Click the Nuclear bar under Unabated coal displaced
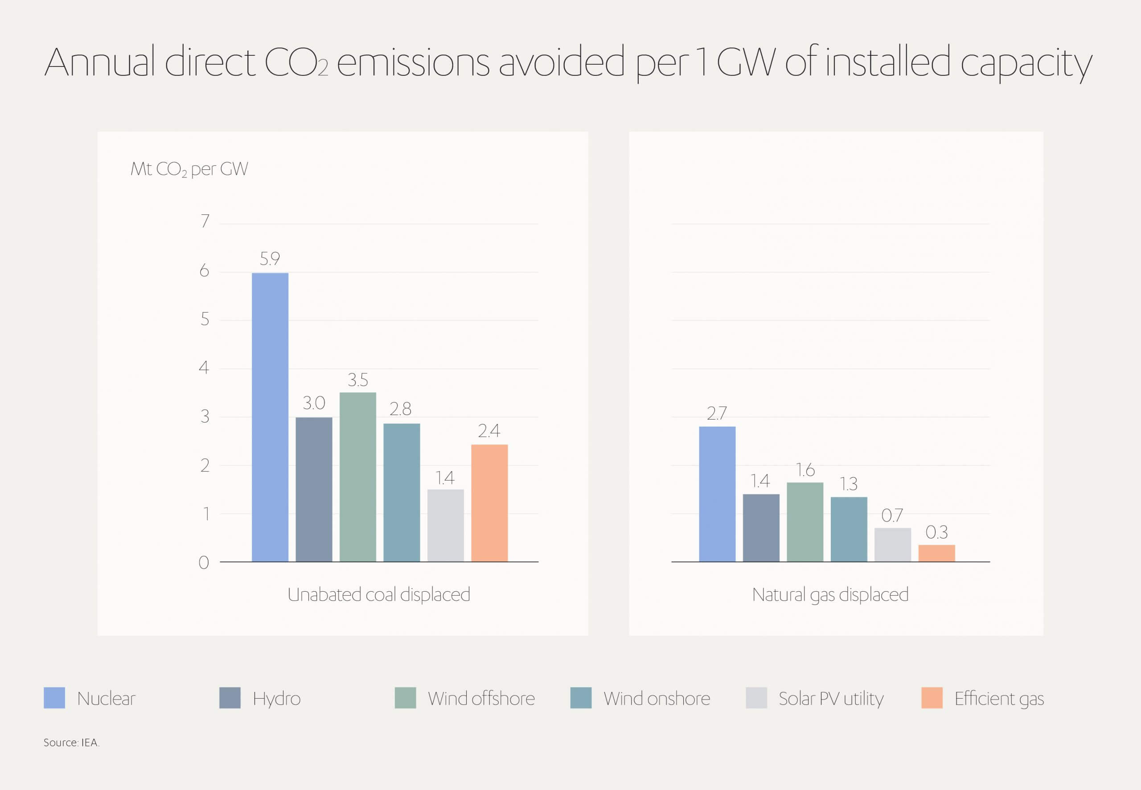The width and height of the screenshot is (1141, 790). (270, 417)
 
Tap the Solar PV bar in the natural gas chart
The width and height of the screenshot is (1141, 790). (892, 544)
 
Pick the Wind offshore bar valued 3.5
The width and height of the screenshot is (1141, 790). (357, 477)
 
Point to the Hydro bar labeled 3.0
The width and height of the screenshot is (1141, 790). (314, 489)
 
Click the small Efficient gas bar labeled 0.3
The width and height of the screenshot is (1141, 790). (936, 553)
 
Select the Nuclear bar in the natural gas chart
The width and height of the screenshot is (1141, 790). (717, 494)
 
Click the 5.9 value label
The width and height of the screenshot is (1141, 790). (270, 259)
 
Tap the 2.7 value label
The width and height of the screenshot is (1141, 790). (716, 413)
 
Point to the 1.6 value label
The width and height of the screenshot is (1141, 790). (804, 469)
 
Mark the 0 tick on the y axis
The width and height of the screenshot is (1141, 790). (204, 563)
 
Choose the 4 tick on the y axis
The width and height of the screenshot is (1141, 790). (204, 367)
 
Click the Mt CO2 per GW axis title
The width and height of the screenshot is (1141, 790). (189, 169)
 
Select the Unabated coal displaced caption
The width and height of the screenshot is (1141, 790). (378, 594)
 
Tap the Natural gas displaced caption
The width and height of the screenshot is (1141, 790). (830, 594)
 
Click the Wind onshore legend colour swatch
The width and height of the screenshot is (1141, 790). (580, 698)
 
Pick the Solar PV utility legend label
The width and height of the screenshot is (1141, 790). (831, 699)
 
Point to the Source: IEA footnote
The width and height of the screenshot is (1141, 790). (71, 742)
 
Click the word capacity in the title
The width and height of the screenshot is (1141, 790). (1026, 63)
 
